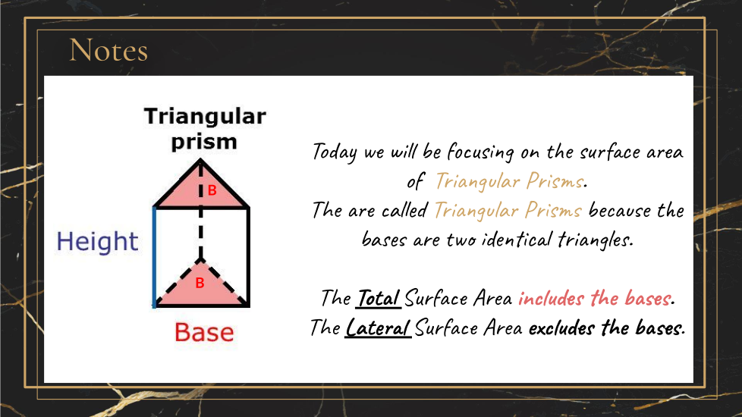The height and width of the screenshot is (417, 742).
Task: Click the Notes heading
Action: [x=108, y=50]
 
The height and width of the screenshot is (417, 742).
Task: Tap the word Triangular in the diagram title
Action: [x=205, y=116]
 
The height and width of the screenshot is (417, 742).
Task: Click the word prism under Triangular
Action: [x=204, y=141]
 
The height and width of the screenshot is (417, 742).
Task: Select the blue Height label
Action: [x=97, y=241]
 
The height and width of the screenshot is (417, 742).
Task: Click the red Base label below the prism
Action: [x=204, y=332]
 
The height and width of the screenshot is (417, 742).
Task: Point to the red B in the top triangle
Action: [x=212, y=190]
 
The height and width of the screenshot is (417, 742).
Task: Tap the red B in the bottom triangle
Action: [x=200, y=283]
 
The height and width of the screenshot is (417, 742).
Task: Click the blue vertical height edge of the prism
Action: [x=154, y=257]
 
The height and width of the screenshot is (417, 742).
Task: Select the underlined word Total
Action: [x=378, y=298]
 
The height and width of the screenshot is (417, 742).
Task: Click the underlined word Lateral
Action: [x=378, y=328]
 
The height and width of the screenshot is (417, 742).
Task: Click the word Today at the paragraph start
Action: [x=334, y=152]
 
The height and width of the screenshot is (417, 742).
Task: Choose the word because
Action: [x=619, y=210]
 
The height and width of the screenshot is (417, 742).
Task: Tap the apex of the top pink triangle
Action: [x=200, y=160]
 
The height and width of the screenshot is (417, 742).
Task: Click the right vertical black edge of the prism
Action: [x=248, y=257]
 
